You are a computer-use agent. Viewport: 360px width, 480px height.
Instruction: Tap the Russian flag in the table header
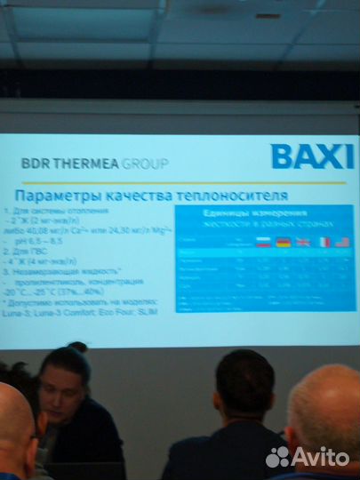click(262, 242)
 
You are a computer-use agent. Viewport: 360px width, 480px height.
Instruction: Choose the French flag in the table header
click(324, 242)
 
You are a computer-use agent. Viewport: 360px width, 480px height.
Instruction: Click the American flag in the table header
click(342, 242)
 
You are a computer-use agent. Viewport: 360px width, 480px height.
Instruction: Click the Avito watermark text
click(319, 456)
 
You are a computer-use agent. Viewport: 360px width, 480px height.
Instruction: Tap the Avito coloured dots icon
click(278, 456)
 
